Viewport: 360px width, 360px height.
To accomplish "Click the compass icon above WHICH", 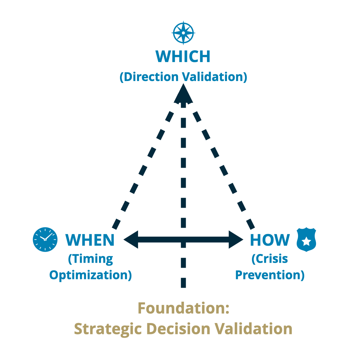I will [x=183, y=33].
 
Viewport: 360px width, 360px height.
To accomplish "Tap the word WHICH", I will [x=183, y=57].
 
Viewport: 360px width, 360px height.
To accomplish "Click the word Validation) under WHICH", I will [x=215, y=77].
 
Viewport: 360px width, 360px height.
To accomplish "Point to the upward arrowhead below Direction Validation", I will [x=183, y=94].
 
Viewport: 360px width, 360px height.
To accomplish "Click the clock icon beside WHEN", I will [x=45, y=239].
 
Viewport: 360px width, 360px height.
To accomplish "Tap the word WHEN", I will [x=90, y=240].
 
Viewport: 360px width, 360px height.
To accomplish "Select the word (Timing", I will [x=90, y=259].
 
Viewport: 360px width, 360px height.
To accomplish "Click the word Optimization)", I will [x=90, y=275].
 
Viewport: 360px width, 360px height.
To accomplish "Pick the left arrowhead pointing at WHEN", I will [x=131, y=239].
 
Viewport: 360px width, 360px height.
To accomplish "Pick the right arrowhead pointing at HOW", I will [x=236, y=239].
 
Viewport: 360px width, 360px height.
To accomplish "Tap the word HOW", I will [x=270, y=240].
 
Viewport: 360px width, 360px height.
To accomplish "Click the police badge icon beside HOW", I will [x=306, y=239].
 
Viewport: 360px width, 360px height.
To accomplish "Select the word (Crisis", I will [x=270, y=259].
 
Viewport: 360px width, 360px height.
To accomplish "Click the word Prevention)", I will [x=270, y=275].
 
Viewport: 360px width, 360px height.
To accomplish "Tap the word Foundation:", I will [x=183, y=308].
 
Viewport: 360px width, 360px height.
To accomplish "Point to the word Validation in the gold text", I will [x=253, y=329].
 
